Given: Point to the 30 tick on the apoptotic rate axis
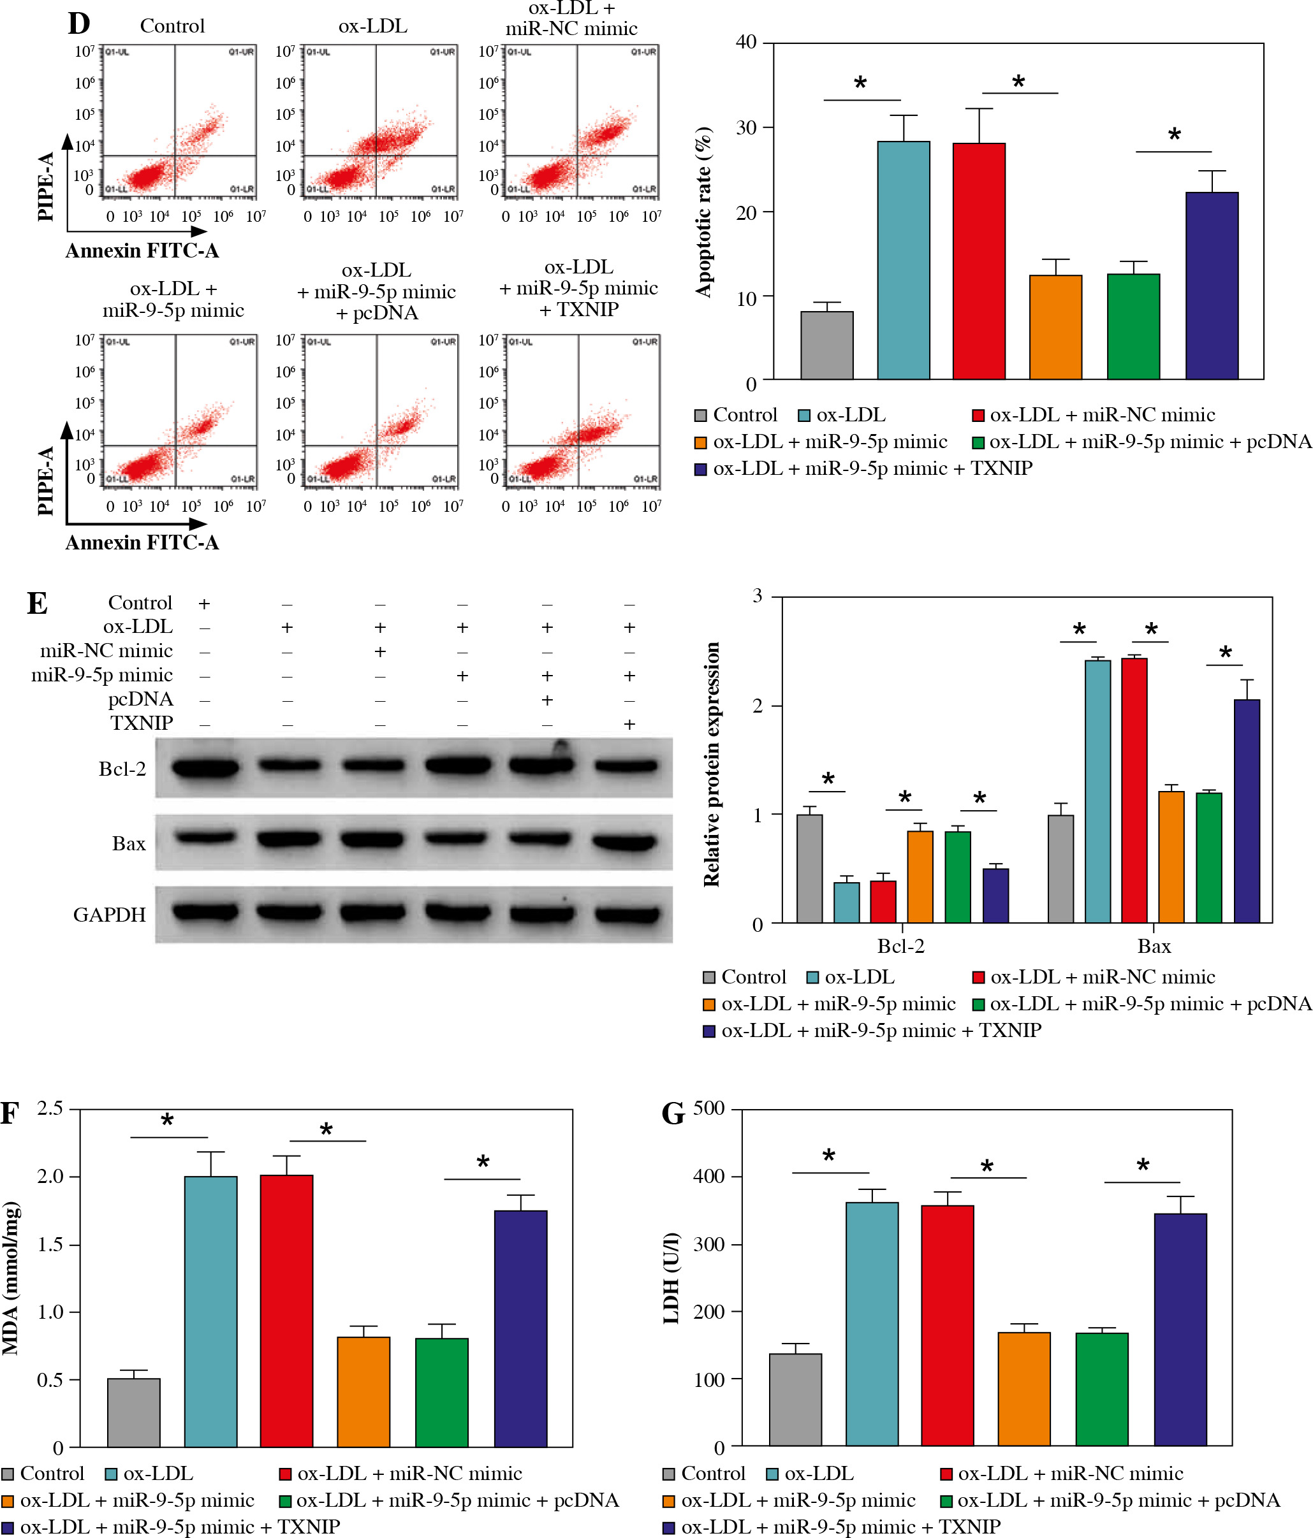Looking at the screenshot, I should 746,127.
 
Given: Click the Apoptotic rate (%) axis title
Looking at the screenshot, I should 703,212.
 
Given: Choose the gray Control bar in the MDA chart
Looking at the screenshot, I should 134,1415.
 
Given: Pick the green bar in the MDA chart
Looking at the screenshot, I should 442,1395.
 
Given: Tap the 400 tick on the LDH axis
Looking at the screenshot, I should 708,1177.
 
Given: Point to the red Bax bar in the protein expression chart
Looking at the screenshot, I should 1134,790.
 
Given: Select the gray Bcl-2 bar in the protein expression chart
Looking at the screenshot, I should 809,869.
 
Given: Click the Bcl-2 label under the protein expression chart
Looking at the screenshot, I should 901,947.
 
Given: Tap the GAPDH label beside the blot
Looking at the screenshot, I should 109,915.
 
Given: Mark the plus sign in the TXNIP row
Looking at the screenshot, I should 629,723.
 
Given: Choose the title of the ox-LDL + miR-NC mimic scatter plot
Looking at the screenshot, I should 571,18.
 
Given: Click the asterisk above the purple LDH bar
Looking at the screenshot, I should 1143,1165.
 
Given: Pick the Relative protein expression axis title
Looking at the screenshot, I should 712,765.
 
